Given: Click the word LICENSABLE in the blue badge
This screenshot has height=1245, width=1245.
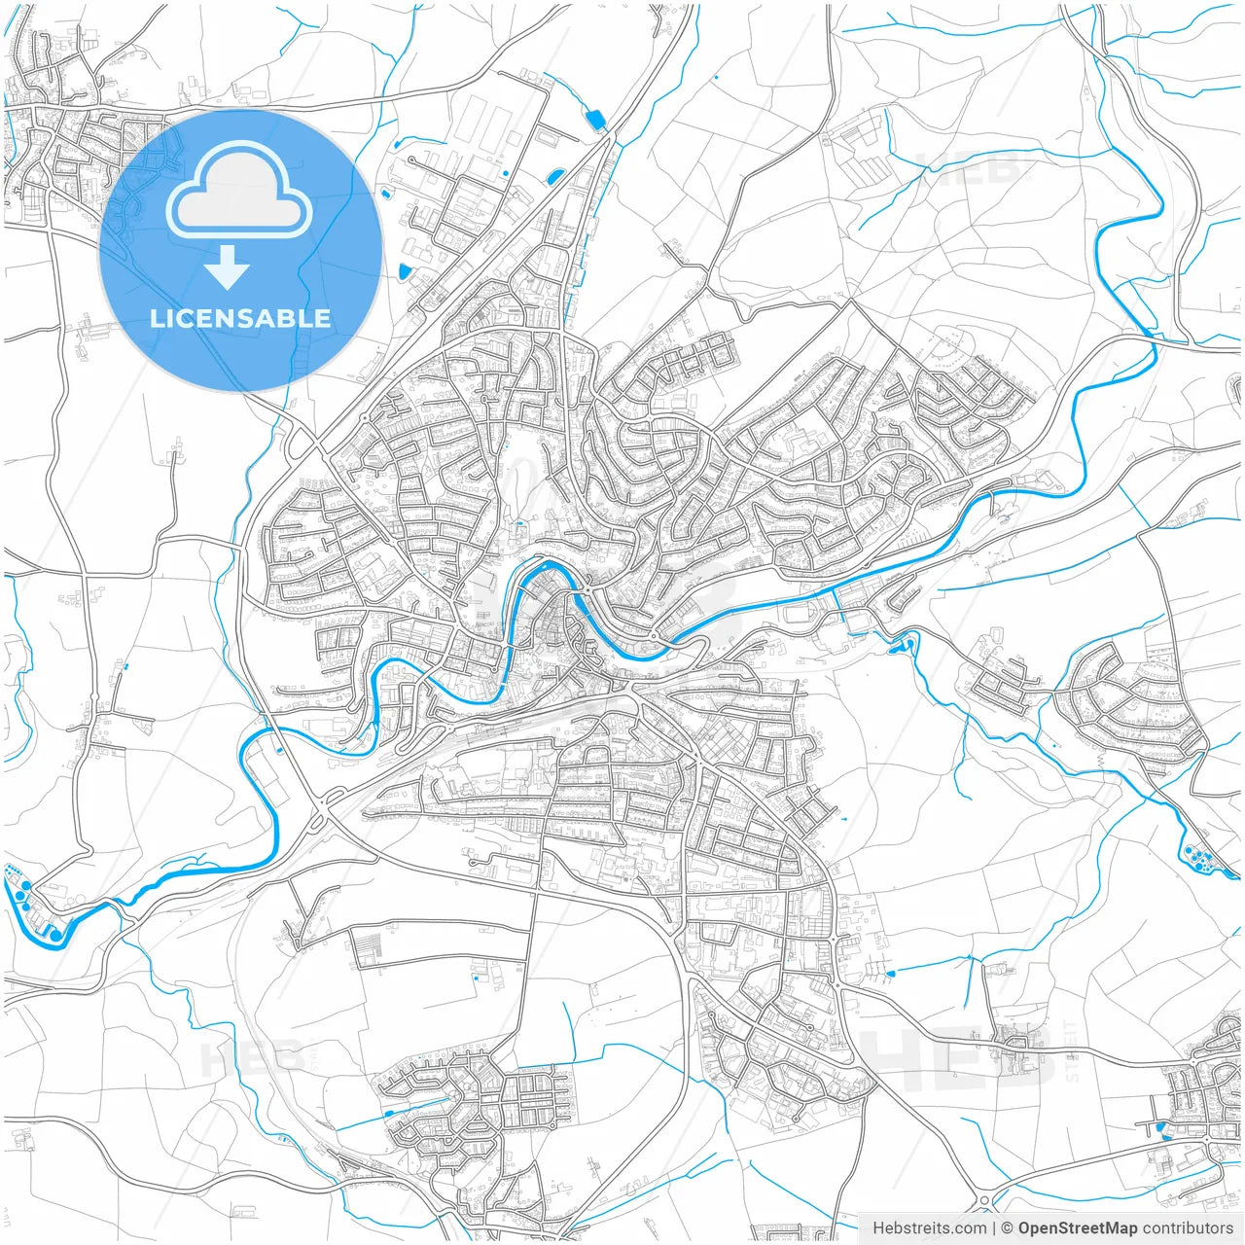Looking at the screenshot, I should click(239, 318).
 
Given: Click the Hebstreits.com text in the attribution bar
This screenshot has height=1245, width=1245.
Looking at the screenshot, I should click(929, 1227).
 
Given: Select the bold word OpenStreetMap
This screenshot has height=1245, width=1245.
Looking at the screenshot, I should click(1078, 1227).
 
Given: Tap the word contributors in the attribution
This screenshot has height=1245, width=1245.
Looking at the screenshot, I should click(1188, 1227).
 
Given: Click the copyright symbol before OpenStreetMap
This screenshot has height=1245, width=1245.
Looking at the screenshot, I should click(1008, 1227).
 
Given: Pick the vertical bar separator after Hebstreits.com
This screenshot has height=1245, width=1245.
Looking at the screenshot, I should click(994, 1227).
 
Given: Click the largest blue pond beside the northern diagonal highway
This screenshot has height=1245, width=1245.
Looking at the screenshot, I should click(594, 120).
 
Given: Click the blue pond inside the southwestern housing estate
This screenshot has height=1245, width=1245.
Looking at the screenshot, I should click(390, 1114).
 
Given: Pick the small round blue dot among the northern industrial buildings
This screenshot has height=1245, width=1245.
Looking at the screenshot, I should click(506, 173).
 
